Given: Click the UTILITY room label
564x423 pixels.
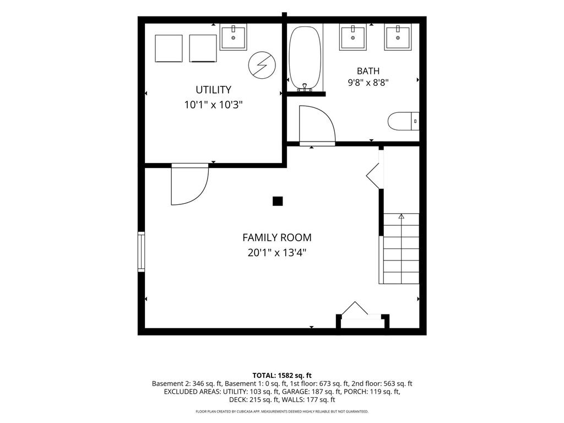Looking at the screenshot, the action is [213, 90].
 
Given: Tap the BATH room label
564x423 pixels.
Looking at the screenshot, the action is [368, 71].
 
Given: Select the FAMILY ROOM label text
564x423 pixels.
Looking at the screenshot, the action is [277, 237].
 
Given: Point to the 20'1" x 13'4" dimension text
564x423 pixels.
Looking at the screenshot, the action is [277, 253].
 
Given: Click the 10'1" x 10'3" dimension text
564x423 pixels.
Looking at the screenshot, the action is [213, 105].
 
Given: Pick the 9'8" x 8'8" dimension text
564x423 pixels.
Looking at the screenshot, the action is [368, 83].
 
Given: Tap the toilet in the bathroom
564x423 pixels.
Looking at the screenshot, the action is [404, 121].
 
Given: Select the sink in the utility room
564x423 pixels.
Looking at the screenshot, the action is [233, 37].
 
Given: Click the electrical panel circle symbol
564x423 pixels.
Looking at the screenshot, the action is [262, 65].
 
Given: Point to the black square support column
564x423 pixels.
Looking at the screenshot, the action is [278, 201].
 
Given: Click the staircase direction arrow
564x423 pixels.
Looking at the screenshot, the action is [401, 216].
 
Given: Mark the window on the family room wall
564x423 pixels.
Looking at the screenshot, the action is [142, 251].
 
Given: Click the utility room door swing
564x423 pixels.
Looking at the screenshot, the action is [189, 185].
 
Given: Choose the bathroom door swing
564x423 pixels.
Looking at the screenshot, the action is [317, 125].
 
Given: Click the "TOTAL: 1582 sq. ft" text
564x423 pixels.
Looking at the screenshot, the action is [282, 376].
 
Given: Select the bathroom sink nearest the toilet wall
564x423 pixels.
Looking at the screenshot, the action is [398, 37].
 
